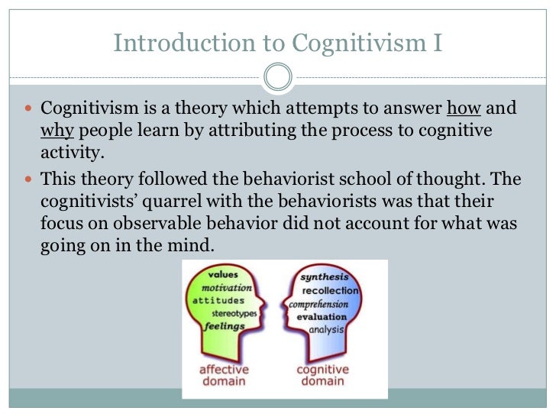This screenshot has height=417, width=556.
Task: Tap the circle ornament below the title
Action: pyautogui.click(x=277, y=76)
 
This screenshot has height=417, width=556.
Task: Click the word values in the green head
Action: pyautogui.click(x=221, y=274)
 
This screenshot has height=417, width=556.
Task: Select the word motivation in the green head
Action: pyautogui.click(x=226, y=288)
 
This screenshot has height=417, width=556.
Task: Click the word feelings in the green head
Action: pyautogui.click(x=225, y=326)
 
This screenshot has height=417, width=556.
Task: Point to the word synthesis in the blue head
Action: pyautogui.click(x=325, y=277)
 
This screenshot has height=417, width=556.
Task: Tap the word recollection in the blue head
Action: pyautogui.click(x=330, y=291)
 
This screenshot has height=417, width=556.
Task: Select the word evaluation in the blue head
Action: pyautogui.click(x=324, y=317)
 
